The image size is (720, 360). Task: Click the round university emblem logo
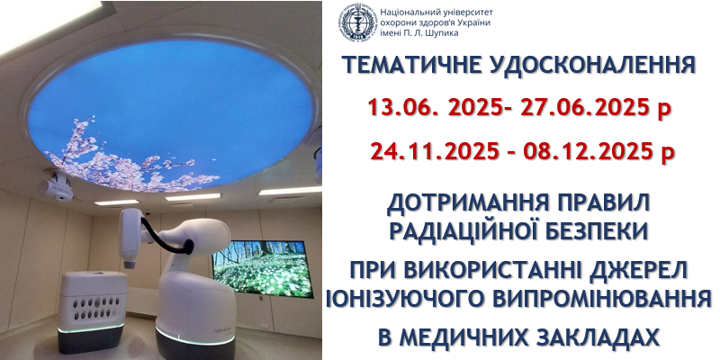358,22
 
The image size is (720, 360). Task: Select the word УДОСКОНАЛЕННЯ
589,66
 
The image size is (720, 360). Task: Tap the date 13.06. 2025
435,109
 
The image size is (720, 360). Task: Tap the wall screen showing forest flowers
262,267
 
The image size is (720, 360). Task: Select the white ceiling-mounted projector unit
55,185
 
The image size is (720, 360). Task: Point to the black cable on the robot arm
165,238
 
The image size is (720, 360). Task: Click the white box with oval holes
93,303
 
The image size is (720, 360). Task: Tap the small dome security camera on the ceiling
148,213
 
